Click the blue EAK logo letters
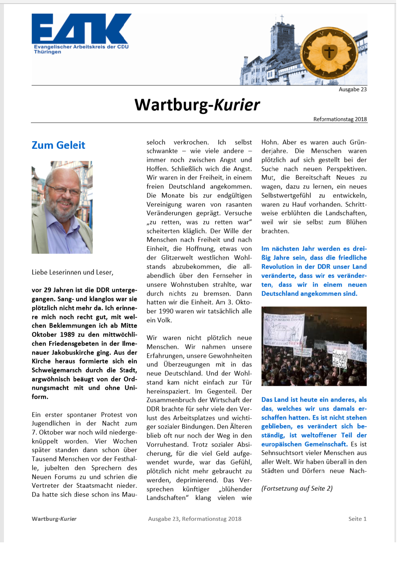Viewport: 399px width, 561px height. (82, 29)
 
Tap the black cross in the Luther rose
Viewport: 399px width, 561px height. (329, 52)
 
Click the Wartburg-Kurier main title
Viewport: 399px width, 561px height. (197, 105)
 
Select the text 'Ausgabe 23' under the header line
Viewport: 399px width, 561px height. (353, 90)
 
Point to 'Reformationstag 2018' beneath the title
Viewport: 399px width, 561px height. (340, 119)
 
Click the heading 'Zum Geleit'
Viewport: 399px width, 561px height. (59, 145)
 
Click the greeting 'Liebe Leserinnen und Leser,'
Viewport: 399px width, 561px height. (73, 273)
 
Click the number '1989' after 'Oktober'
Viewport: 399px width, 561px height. (67, 334)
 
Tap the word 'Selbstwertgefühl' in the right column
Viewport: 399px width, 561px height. (286, 196)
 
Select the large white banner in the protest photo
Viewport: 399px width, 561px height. (284, 330)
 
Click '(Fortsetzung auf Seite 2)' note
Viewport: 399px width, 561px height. (297, 488)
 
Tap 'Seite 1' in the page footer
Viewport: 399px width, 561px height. (357, 519)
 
